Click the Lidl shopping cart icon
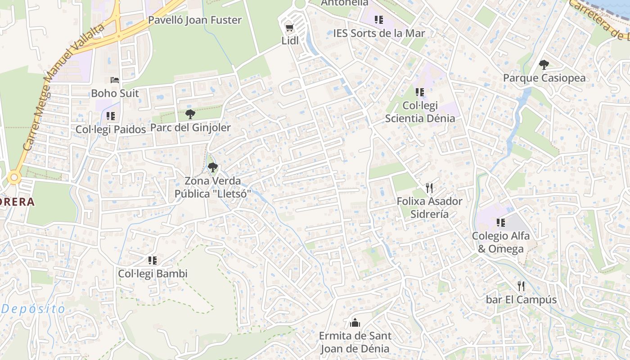(289, 28)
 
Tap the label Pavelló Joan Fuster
(195, 20)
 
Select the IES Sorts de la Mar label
(379, 33)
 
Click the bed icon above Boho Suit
(115, 80)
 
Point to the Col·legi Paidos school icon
(111, 116)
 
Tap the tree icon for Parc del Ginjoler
(190, 114)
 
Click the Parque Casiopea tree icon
(544, 65)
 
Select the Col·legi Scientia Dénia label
(420, 112)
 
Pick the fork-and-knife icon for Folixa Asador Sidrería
(429, 188)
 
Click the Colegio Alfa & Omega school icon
(501, 223)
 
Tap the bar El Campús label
(521, 300)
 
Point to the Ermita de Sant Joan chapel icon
(355, 323)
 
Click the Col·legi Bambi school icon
(153, 261)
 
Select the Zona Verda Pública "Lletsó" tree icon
(213, 168)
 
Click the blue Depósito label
(33, 309)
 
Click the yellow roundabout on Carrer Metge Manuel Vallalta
(14, 178)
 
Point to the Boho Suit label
(115, 94)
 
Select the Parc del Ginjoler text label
(190, 128)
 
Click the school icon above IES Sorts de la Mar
(379, 20)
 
